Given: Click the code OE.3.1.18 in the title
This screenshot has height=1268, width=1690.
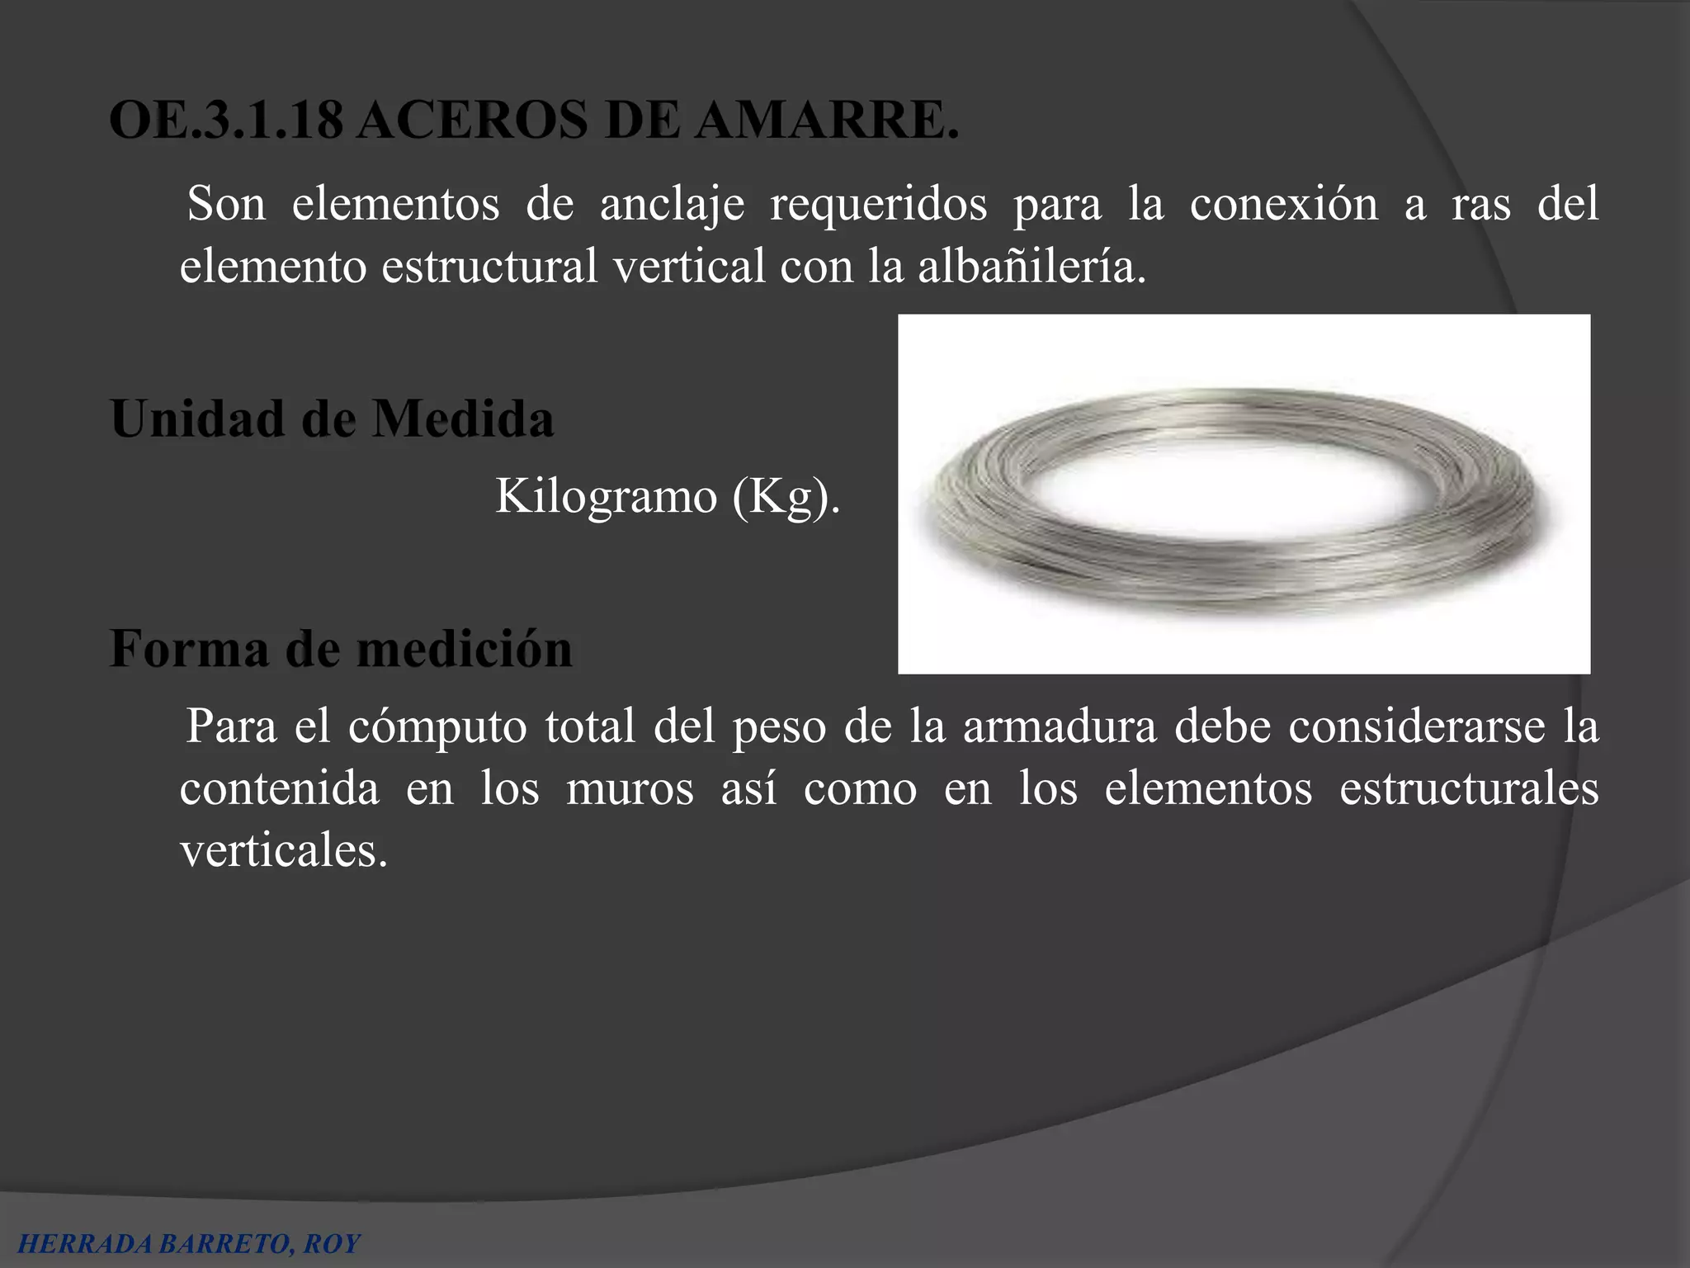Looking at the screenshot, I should [x=225, y=122].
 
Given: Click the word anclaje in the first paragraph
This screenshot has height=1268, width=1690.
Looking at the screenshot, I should [x=671, y=204].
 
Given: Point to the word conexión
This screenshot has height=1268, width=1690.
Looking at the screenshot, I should [x=1283, y=204].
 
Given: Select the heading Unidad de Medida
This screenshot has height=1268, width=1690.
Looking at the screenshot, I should [x=332, y=419].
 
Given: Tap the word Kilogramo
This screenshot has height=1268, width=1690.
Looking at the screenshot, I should [x=606, y=497].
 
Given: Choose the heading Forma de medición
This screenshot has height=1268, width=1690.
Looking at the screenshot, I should [x=341, y=649].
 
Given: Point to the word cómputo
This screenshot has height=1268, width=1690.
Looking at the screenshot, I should [x=437, y=726].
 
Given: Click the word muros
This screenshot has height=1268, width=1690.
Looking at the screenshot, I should [x=630, y=788].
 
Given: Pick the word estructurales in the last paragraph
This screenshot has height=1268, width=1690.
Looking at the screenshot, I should [x=1468, y=788].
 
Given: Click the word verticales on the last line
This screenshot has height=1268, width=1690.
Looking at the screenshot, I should [x=283, y=850].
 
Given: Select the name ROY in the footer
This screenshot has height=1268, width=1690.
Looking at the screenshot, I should [x=332, y=1244].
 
